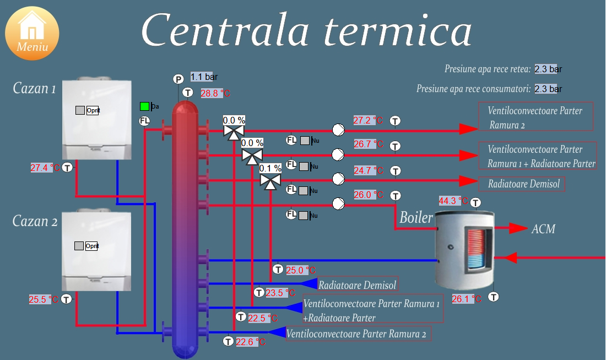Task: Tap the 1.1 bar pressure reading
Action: pos(204,77)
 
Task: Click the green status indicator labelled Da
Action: pos(144,106)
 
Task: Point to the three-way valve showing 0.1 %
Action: pos(270,180)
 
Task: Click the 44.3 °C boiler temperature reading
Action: pos(453,201)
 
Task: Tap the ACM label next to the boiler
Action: pos(543,229)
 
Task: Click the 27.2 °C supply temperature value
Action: pos(368,120)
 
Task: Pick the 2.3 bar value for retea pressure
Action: pos(548,69)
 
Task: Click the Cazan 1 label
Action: pos(35,88)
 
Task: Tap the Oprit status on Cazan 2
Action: pos(91,246)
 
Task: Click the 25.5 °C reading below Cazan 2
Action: pos(44,299)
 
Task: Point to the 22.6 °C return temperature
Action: pos(251,342)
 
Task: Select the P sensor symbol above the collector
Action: pos(178,79)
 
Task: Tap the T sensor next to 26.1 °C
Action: pos(494,297)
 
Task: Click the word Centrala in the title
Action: pos(226,30)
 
